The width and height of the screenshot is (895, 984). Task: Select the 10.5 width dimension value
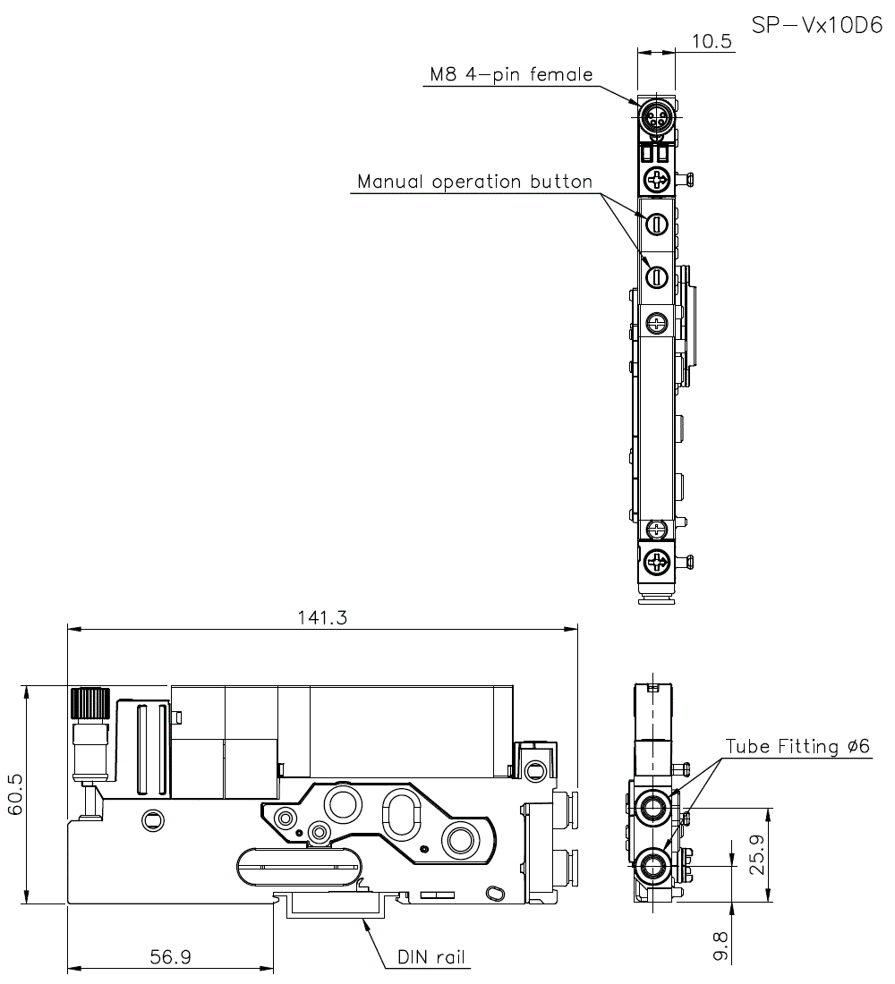click(x=712, y=41)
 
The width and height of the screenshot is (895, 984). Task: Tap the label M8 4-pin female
click(x=508, y=75)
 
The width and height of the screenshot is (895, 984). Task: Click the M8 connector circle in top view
click(x=657, y=115)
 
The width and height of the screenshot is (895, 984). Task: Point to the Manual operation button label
click(x=474, y=182)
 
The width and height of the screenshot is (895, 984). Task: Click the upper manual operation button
click(x=657, y=224)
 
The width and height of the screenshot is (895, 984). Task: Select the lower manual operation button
click(x=657, y=277)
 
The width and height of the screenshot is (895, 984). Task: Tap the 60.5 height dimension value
click(x=15, y=795)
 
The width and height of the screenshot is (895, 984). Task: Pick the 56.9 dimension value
click(x=169, y=956)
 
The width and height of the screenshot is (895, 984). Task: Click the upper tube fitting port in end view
click(x=652, y=808)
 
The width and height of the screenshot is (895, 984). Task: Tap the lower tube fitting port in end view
click(x=652, y=866)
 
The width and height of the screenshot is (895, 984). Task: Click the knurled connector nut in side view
click(x=89, y=701)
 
